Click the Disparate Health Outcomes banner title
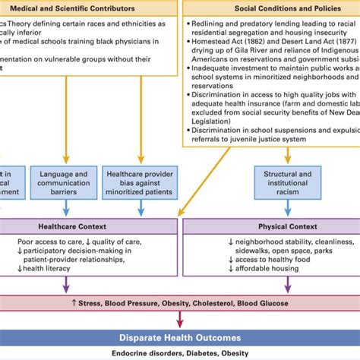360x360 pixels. click(x=179, y=337)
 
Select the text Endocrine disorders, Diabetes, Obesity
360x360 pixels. click(x=179, y=352)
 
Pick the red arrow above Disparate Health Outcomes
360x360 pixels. click(x=179, y=320)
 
